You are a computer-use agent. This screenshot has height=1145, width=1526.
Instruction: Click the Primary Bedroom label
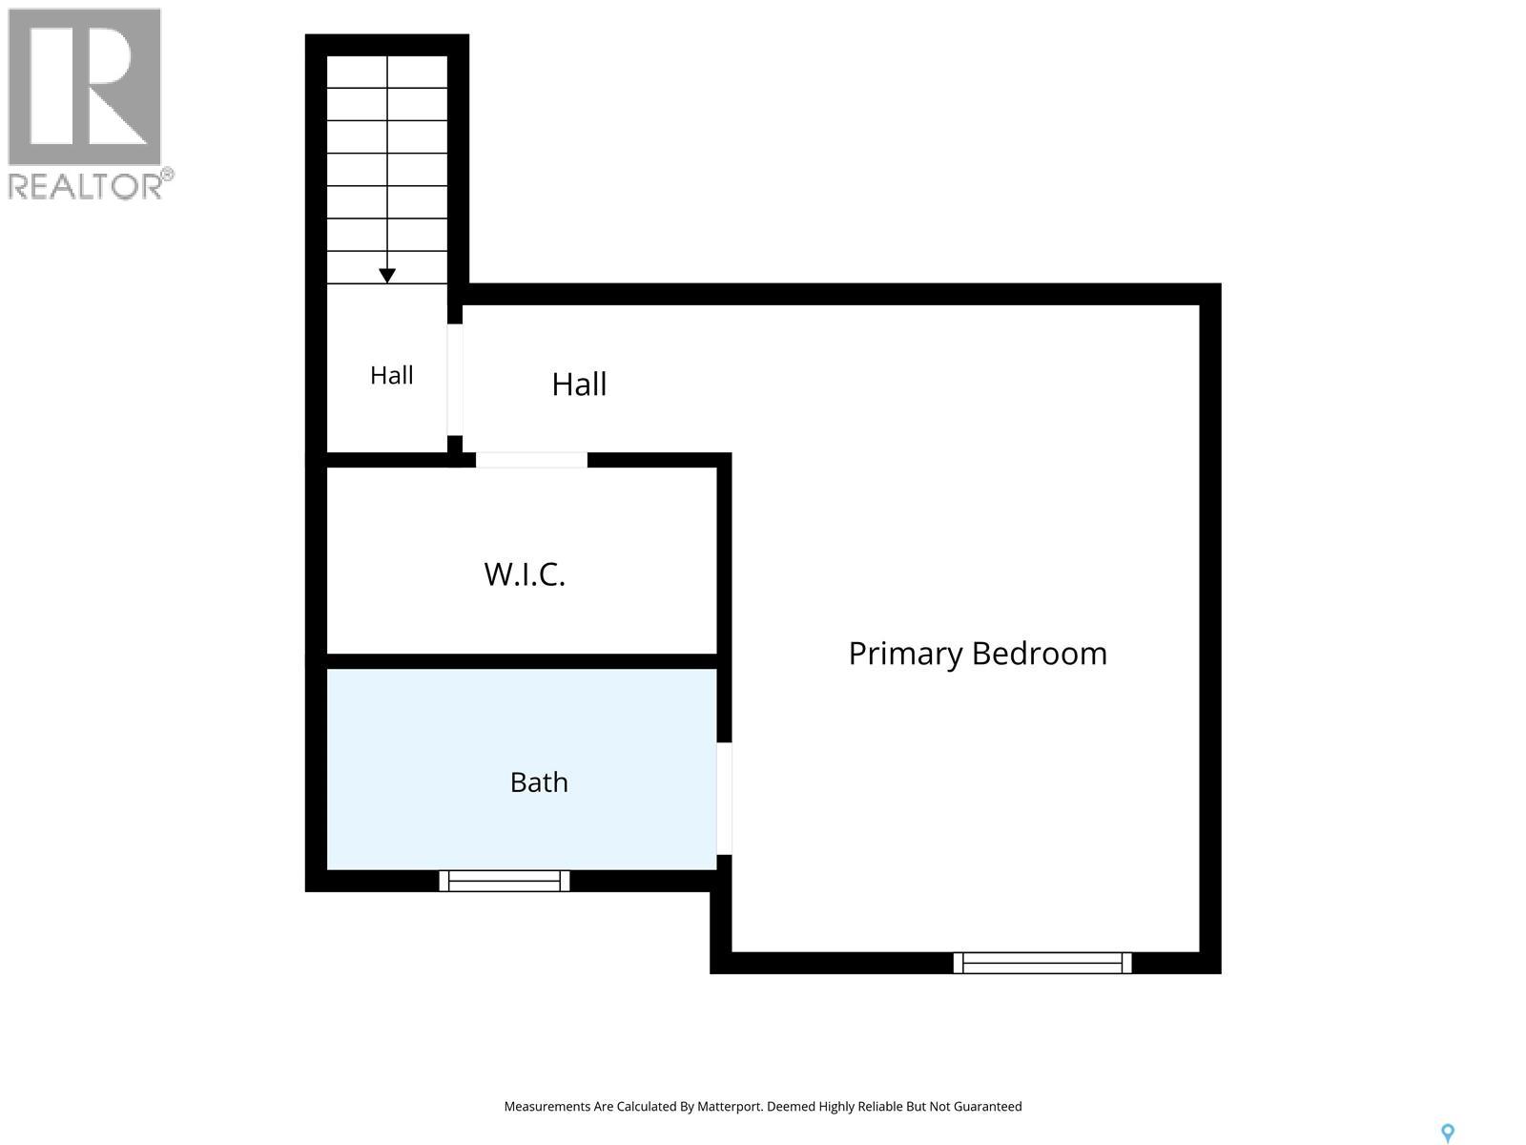click(x=978, y=655)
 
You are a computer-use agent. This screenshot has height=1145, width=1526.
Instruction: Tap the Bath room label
click(x=539, y=782)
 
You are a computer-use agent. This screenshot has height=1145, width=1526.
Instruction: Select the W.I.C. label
click(x=525, y=574)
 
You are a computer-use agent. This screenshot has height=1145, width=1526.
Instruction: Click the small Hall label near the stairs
click(x=391, y=375)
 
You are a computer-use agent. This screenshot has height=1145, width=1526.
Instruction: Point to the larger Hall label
click(x=579, y=384)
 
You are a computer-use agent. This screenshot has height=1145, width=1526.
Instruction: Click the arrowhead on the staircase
click(x=387, y=276)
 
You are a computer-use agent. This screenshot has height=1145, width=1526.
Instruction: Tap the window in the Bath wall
click(x=504, y=881)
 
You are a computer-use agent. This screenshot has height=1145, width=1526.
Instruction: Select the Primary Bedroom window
click(x=1042, y=963)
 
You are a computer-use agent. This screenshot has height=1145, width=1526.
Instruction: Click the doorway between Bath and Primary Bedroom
click(x=724, y=798)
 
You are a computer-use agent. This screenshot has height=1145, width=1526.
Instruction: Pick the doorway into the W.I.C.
click(x=531, y=460)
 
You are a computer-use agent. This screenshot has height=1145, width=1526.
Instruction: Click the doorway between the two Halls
click(x=455, y=380)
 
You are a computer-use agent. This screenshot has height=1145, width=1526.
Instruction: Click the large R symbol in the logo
click(x=85, y=86)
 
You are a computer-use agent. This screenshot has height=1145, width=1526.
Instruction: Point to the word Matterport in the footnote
click(x=727, y=1106)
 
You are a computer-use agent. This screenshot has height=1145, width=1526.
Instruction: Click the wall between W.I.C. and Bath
click(x=522, y=661)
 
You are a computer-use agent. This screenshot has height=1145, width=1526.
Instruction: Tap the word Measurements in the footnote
click(x=546, y=1106)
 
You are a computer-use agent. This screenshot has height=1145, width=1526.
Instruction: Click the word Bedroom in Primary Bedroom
click(x=1040, y=654)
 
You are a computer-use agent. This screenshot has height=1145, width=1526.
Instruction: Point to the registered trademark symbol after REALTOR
click(x=167, y=175)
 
